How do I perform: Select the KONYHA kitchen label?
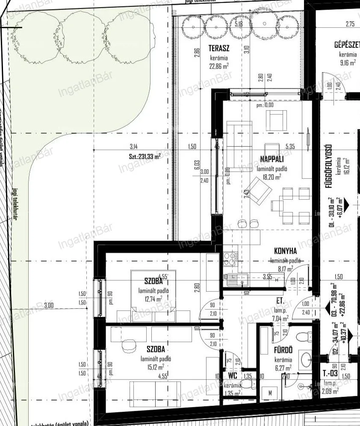coord(285,252)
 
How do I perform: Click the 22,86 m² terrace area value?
coord(218,66)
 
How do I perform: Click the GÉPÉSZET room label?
coord(348,45)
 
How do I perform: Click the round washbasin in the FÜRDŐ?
coord(307,359)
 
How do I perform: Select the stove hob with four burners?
coord(230,258)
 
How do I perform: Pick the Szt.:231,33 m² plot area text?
coord(145,157)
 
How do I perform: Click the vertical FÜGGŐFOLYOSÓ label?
coord(330,167)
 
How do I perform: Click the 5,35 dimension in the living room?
coord(290,147)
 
